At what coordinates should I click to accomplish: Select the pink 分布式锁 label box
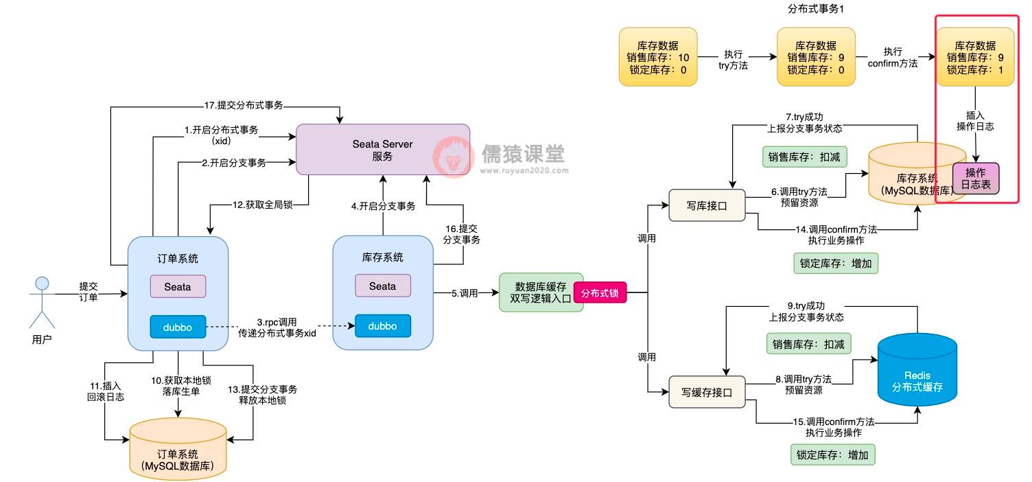click(600, 293)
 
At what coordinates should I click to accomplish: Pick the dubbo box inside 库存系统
click(382, 326)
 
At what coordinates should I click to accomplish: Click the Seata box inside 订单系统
click(178, 286)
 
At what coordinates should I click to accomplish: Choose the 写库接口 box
click(707, 205)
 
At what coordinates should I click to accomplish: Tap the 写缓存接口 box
click(707, 393)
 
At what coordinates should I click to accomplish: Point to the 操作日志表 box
click(975, 178)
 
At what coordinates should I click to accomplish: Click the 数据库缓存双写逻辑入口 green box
click(541, 292)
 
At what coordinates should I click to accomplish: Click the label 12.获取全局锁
click(259, 205)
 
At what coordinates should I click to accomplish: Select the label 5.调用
click(465, 293)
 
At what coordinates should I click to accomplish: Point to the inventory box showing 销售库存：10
click(657, 57)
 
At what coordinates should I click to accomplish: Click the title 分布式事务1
click(816, 9)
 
